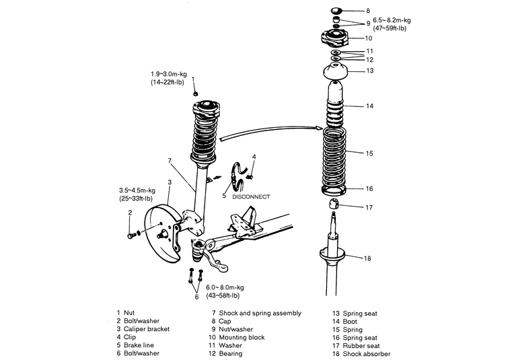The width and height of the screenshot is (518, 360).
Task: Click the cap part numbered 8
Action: pos(337,10)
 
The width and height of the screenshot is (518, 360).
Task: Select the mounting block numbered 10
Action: pos(334,38)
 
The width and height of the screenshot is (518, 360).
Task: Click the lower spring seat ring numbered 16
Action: pos(334,190)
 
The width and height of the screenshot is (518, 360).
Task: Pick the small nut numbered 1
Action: pos(195,94)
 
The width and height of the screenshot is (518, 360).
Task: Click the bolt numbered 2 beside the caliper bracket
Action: pos(131,236)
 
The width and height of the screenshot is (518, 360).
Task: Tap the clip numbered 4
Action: pos(250,178)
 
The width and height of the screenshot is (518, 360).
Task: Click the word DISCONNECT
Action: pos(251,196)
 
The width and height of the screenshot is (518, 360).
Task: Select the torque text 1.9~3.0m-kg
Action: pos(168,74)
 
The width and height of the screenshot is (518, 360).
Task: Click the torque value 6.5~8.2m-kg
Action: pos(392,20)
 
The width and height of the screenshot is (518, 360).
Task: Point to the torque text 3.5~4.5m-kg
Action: pos(137,190)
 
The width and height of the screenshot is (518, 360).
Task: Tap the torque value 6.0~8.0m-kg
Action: pos(225,287)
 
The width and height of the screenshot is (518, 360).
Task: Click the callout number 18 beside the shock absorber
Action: pos(367,258)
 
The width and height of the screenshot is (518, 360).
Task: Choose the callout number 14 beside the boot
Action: pos(369,106)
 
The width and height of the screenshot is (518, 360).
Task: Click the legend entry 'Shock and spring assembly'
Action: pos(260,313)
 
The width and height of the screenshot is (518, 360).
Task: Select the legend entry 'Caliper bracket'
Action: pos(147,329)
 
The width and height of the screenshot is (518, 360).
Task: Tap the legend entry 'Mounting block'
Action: pos(242,338)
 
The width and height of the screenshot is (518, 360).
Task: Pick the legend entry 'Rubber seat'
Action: pos(361,346)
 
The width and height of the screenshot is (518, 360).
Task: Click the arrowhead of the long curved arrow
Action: pos(320,128)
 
